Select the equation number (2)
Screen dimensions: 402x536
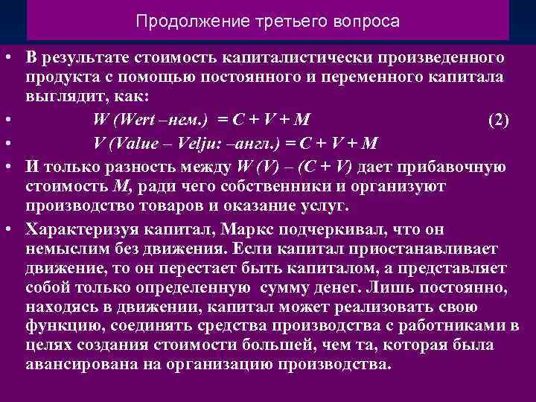(498, 120)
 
